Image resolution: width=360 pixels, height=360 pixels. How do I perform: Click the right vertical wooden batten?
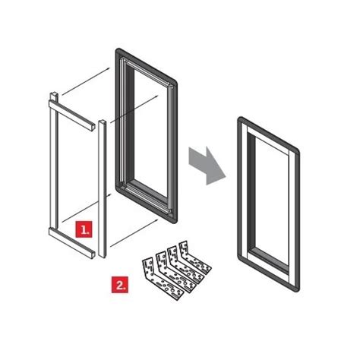(x=99, y=190)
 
